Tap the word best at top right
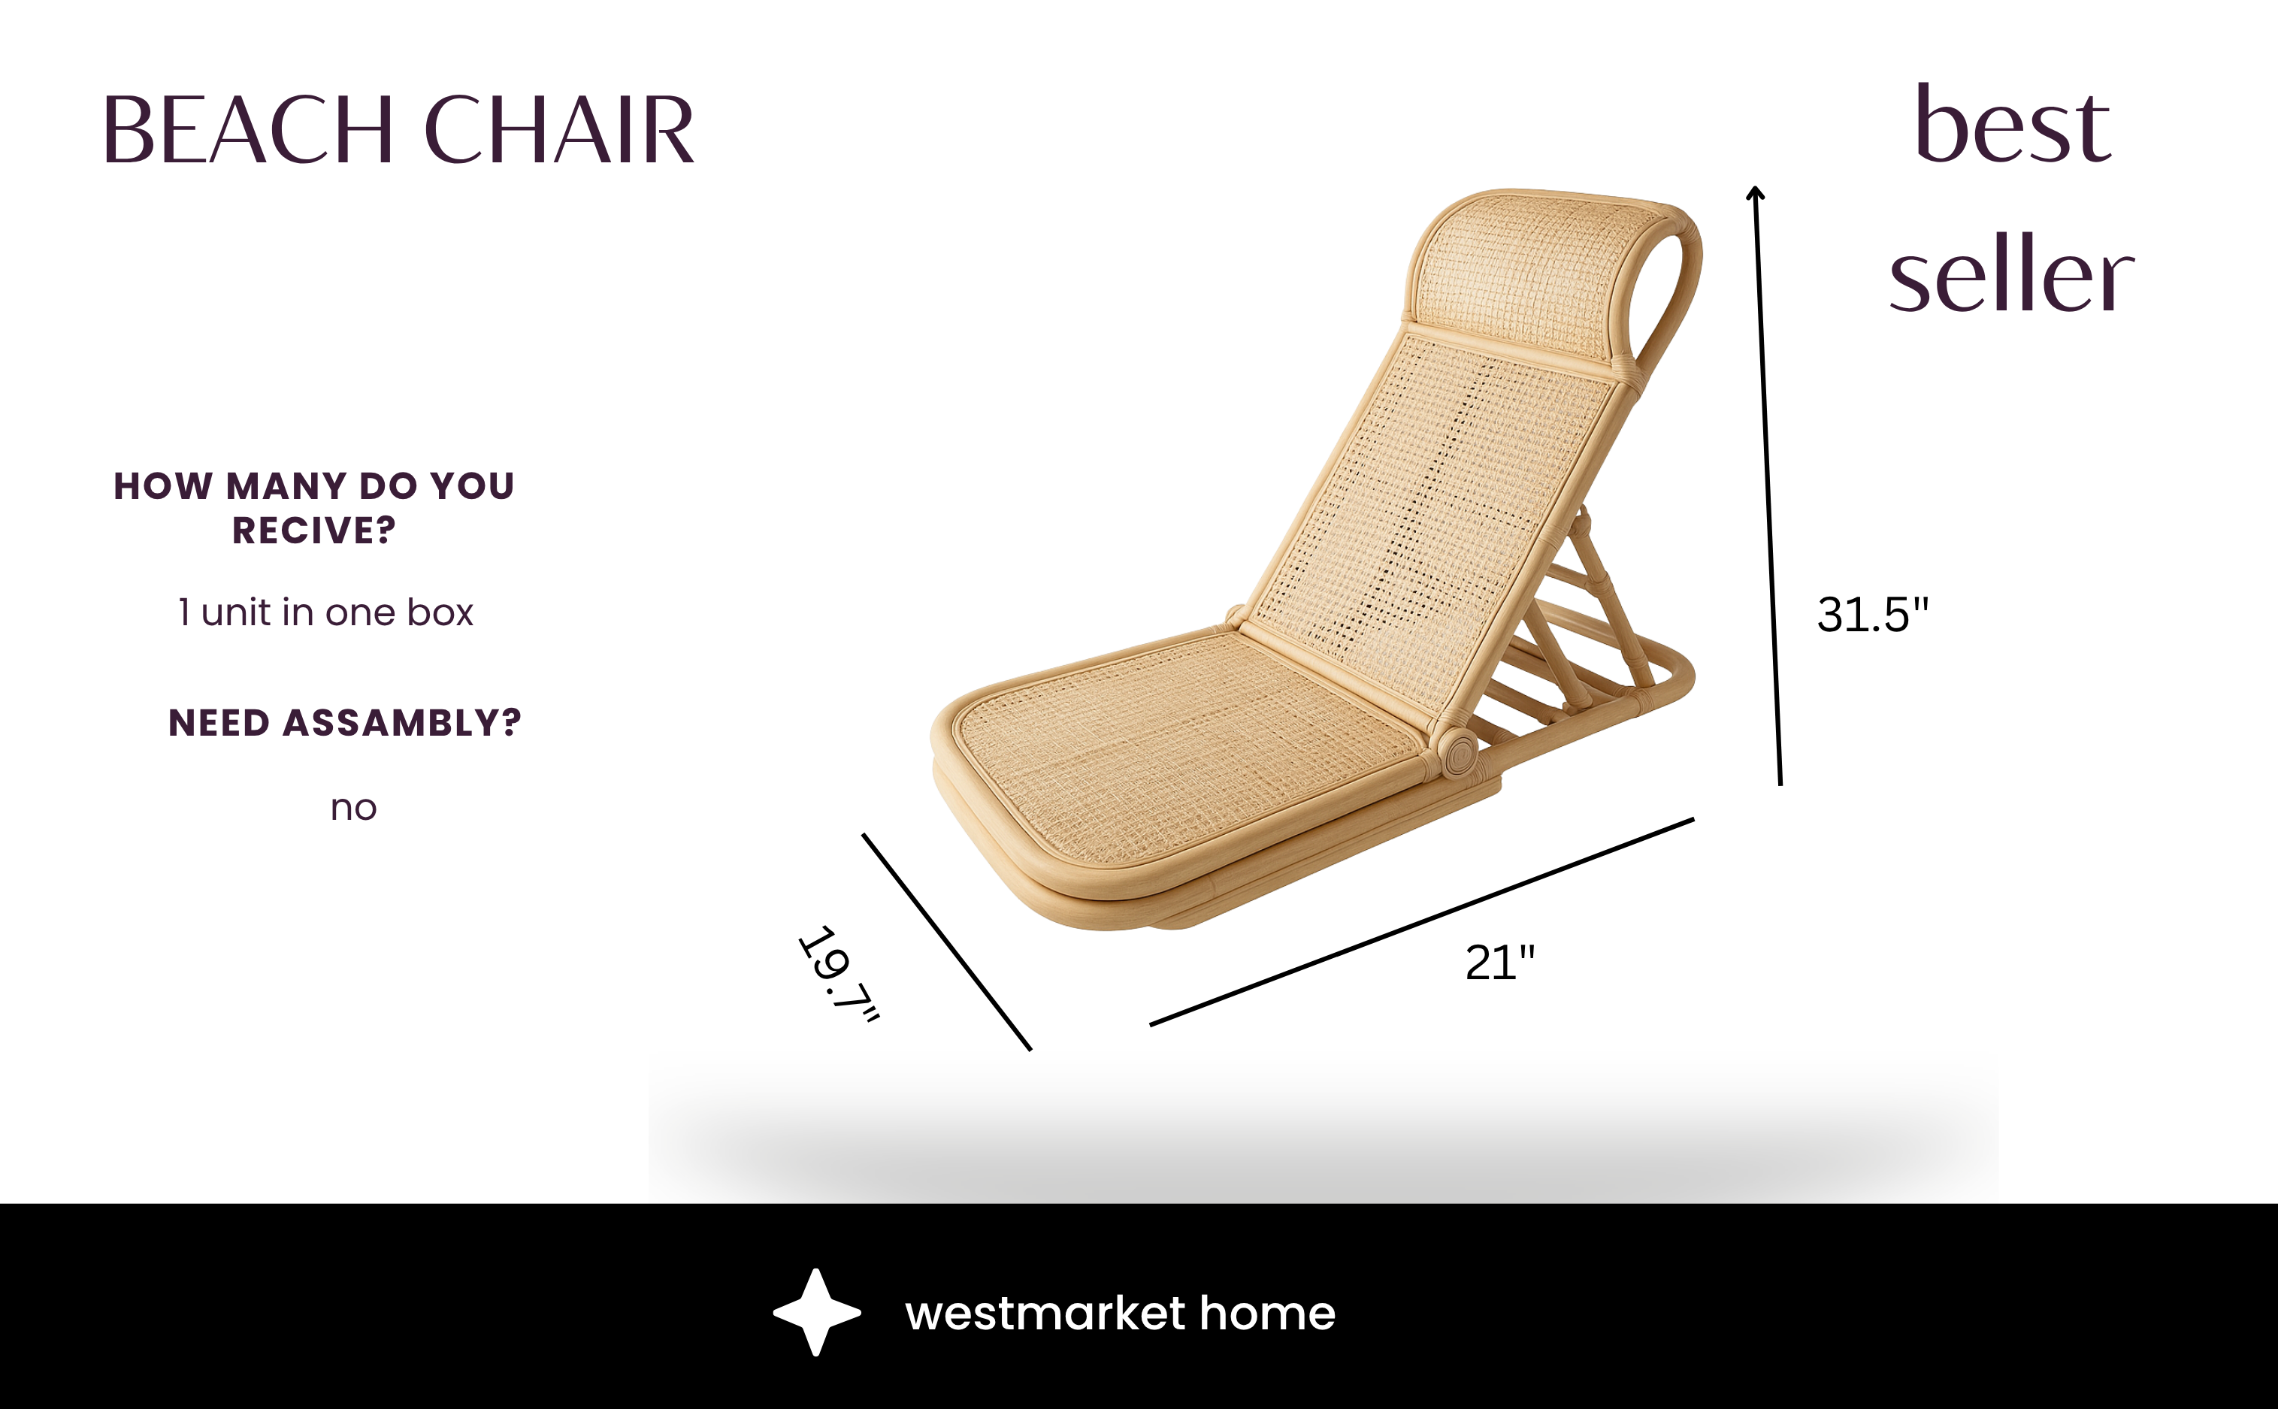2013,125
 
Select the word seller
2011,276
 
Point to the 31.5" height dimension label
1873,615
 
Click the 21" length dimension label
1500,963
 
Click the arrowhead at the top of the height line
1756,194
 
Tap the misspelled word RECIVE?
314,531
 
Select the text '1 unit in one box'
326,613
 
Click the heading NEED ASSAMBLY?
345,723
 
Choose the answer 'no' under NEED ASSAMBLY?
353,808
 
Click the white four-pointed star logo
816,1312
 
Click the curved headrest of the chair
1528,271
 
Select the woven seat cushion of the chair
1183,745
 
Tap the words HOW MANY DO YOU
314,486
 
